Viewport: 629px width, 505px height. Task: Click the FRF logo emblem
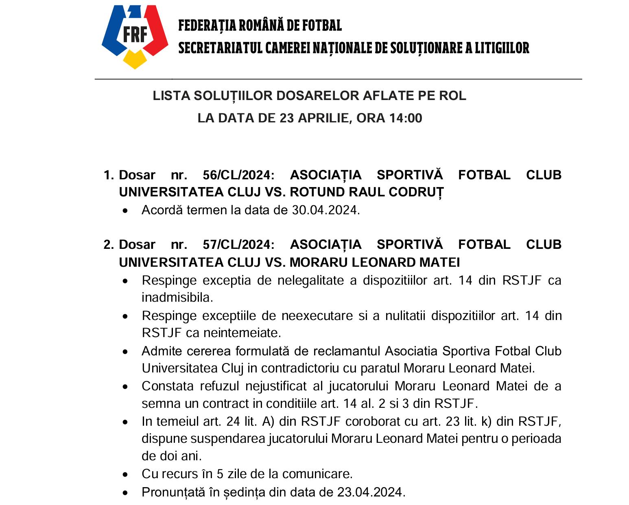pyautogui.click(x=135, y=37)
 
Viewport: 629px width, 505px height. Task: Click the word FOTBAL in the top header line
pyautogui.click(x=321, y=26)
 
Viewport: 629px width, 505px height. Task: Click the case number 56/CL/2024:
pyautogui.click(x=238, y=175)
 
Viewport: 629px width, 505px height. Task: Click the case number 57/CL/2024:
pyautogui.click(x=238, y=244)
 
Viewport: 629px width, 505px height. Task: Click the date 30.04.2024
pyautogui.click(x=325, y=210)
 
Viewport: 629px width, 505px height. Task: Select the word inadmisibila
pyautogui.click(x=177, y=298)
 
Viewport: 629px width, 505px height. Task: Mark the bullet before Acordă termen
pyautogui.click(x=128, y=211)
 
